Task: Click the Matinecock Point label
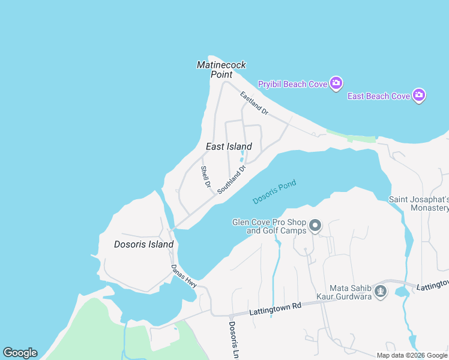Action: click(221, 70)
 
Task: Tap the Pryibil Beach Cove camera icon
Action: click(336, 83)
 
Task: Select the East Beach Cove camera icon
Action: click(419, 95)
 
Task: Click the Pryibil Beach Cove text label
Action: click(292, 84)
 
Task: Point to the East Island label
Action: click(229, 146)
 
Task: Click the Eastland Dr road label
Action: click(254, 103)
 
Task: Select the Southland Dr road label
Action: click(232, 179)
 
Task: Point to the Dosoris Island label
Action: click(144, 244)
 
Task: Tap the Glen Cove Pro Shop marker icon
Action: click(316, 226)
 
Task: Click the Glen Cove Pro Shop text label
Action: click(270, 226)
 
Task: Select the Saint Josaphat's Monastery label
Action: click(419, 203)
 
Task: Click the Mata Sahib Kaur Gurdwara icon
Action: click(380, 292)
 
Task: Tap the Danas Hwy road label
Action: click(184, 277)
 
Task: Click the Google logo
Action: click(20, 353)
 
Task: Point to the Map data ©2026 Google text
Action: click(412, 355)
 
